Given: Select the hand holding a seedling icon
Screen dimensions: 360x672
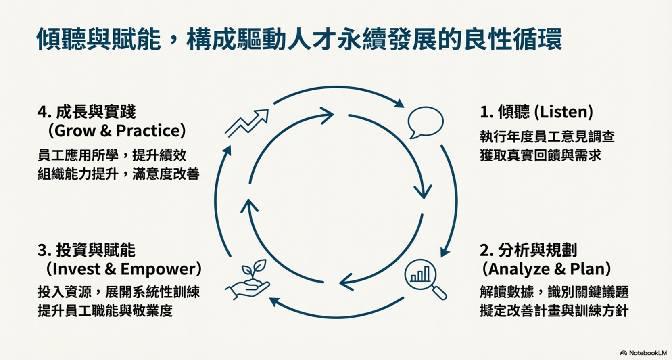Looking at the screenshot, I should click(248, 280).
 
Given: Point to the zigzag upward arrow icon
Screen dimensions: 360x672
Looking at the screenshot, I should click(247, 123).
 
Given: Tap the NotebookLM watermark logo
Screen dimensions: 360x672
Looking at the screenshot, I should click(643, 353).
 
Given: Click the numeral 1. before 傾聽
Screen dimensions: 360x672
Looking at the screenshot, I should click(486, 112).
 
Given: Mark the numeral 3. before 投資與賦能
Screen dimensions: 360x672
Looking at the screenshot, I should click(44, 250).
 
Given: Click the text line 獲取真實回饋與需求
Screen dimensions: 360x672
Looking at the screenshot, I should click(541, 155).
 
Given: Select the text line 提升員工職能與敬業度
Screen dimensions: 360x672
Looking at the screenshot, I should click(105, 310).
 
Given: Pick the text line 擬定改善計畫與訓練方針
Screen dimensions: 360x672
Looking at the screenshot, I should click(554, 310).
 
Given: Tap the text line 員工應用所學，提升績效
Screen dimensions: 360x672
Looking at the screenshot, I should click(112, 155).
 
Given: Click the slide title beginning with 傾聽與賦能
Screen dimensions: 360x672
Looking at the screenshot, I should click(299, 40).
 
